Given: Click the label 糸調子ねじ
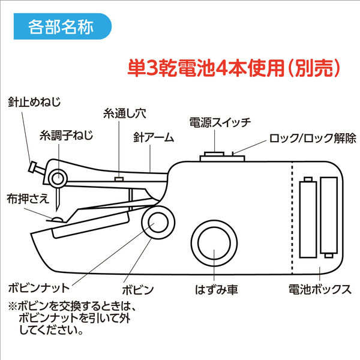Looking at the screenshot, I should [x=67, y=136].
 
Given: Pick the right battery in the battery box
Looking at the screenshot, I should [x=329, y=214].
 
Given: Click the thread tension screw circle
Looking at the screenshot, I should [x=58, y=178].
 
